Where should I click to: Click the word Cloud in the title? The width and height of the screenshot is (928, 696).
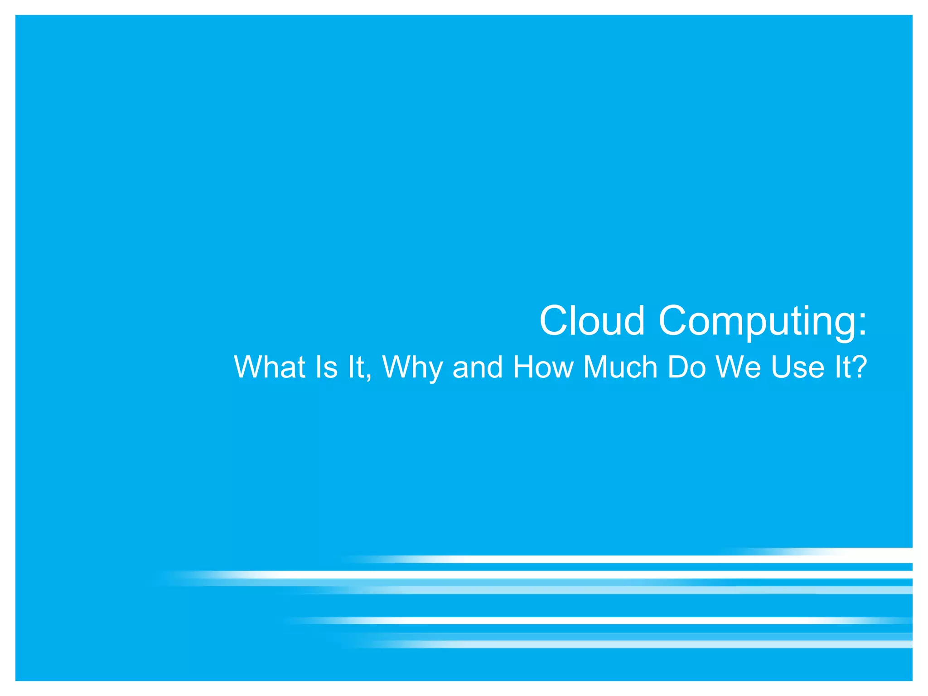pos(592,320)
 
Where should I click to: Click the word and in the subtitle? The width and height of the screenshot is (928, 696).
pos(478,367)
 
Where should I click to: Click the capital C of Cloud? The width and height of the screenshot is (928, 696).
pos(554,320)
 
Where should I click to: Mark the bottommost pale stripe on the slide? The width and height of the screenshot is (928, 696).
pos(634,644)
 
